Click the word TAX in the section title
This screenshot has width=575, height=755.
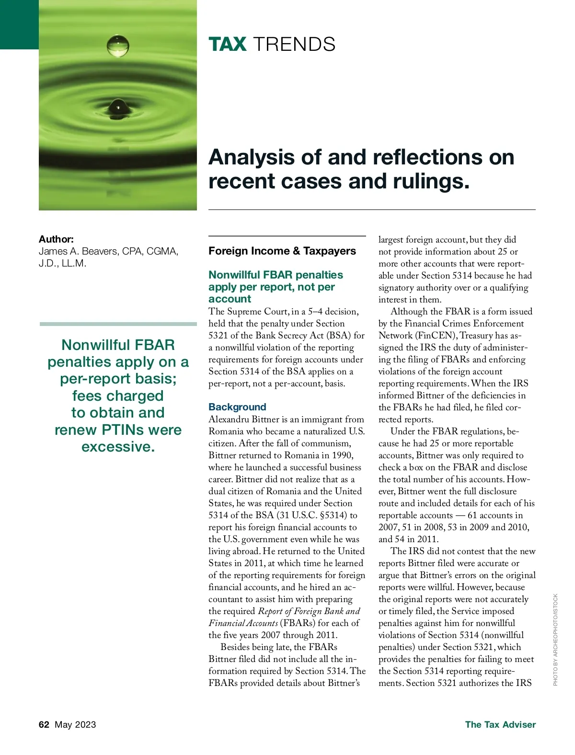pos(227,44)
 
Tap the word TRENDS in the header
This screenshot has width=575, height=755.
pos(294,44)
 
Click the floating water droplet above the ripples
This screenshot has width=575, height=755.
pos(118,46)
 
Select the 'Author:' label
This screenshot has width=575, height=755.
pos(56,239)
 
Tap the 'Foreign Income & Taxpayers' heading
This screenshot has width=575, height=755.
pos(282,251)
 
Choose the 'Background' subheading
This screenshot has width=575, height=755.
pos(237,407)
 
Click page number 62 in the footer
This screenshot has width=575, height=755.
pos(44,724)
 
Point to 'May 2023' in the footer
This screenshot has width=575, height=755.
pos(75,724)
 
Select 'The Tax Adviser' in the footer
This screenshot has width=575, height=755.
pos(500,724)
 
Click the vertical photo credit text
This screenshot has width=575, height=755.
pos(555,639)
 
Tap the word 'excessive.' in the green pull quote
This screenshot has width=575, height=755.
pos(118,447)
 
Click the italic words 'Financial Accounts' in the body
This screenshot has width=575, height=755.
pos(243,623)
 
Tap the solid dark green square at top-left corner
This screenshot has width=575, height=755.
pos(19,24)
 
